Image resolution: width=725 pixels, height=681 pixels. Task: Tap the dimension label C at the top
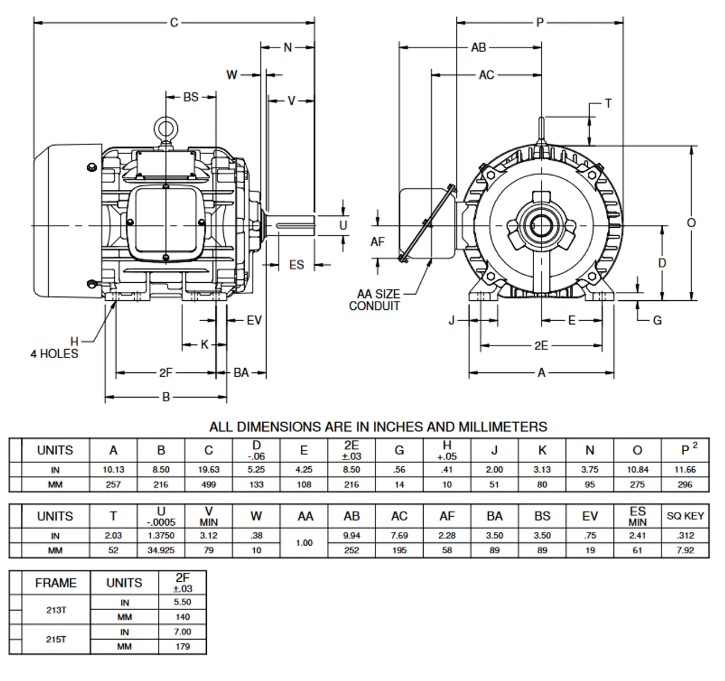pos(174,23)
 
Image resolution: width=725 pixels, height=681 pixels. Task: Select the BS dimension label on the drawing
pos(191,97)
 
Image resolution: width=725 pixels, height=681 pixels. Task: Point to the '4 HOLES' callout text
pos(54,354)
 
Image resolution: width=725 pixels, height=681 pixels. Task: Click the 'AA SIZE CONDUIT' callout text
pos(378,300)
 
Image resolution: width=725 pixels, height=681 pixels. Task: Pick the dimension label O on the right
pos(691,223)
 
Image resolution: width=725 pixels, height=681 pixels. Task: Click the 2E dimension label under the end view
pos(541,346)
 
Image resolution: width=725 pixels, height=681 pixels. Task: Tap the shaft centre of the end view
pos(541,225)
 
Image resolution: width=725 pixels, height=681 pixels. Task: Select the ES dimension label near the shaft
pos(296,265)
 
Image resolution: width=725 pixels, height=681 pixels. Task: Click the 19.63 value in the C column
pos(208,470)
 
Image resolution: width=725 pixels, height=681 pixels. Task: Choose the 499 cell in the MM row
pos(208,484)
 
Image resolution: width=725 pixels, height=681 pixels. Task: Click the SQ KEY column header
pos(685,516)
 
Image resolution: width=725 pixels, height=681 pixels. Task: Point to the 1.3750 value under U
pos(161,535)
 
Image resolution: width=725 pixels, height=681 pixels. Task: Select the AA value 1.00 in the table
pos(304,543)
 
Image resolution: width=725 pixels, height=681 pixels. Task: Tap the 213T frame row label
pos(56,610)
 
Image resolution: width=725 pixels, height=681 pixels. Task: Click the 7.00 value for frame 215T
pos(182,632)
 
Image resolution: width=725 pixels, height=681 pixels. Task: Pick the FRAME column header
pos(56,583)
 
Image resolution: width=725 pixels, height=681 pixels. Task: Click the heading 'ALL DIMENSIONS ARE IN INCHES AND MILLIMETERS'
pos(378,427)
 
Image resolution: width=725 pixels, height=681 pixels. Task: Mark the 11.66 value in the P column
pos(685,470)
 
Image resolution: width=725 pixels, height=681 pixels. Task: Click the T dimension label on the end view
pos(608,104)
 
